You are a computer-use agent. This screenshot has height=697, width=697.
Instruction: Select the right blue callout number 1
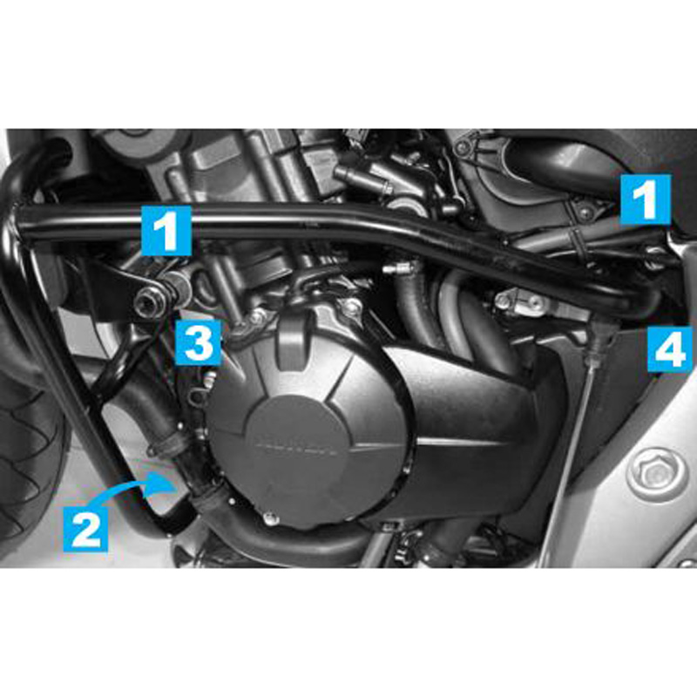click(x=645, y=200)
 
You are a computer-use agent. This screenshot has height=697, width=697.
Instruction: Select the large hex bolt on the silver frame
click(x=655, y=475)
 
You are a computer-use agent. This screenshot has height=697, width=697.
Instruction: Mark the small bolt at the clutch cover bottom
click(x=272, y=520)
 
